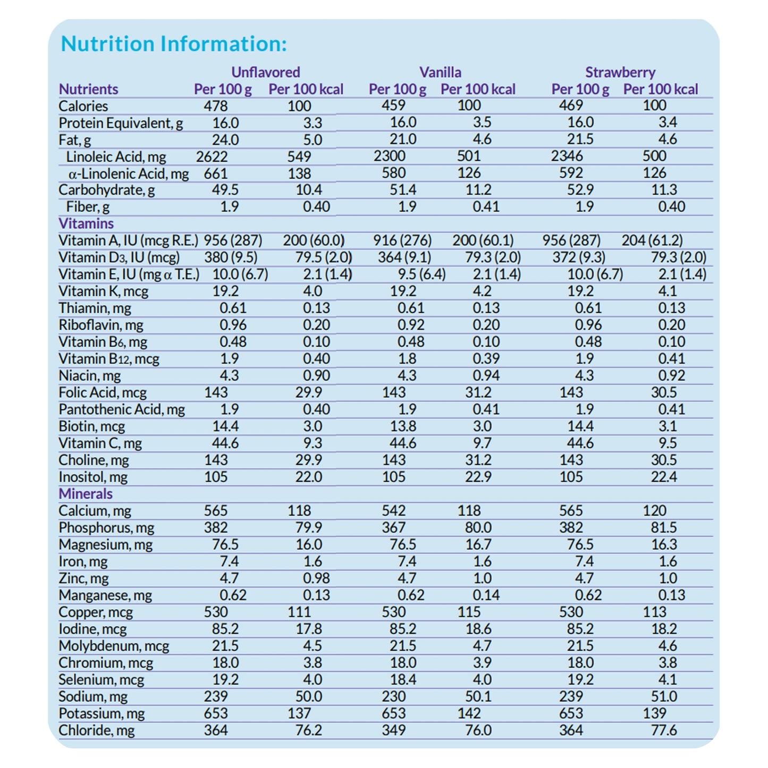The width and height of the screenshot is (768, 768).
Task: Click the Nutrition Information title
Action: tap(174, 44)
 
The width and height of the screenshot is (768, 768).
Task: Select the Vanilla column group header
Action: tap(440, 72)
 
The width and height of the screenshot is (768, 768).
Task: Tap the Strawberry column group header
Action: tap(620, 72)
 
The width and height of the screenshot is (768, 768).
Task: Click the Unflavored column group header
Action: tap(266, 72)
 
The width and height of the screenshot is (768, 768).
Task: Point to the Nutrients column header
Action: tap(88, 89)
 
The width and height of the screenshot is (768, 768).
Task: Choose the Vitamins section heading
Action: tap(86, 224)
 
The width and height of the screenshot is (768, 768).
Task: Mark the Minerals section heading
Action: tap(86, 494)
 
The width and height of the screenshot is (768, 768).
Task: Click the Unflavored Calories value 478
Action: tap(216, 106)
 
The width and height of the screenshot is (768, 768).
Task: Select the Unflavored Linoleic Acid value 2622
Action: tap(212, 157)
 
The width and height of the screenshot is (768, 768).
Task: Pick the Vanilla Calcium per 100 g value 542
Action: tap(393, 511)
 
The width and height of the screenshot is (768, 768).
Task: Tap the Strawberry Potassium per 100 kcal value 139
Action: tap(654, 713)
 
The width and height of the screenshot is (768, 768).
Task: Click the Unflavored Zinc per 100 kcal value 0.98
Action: tap(316, 578)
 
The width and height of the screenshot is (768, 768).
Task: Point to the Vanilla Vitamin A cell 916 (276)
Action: tap(402, 241)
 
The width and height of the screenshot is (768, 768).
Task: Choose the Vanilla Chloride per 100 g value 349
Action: tap(393, 730)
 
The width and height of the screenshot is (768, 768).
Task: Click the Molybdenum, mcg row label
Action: tap(114, 646)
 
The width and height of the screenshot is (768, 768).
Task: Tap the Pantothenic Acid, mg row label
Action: tap(122, 410)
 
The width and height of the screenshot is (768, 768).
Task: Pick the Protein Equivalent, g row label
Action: tap(121, 123)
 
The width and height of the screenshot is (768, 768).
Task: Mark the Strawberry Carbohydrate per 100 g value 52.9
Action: tap(580, 190)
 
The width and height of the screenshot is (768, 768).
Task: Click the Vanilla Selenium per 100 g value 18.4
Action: tap(403, 680)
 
